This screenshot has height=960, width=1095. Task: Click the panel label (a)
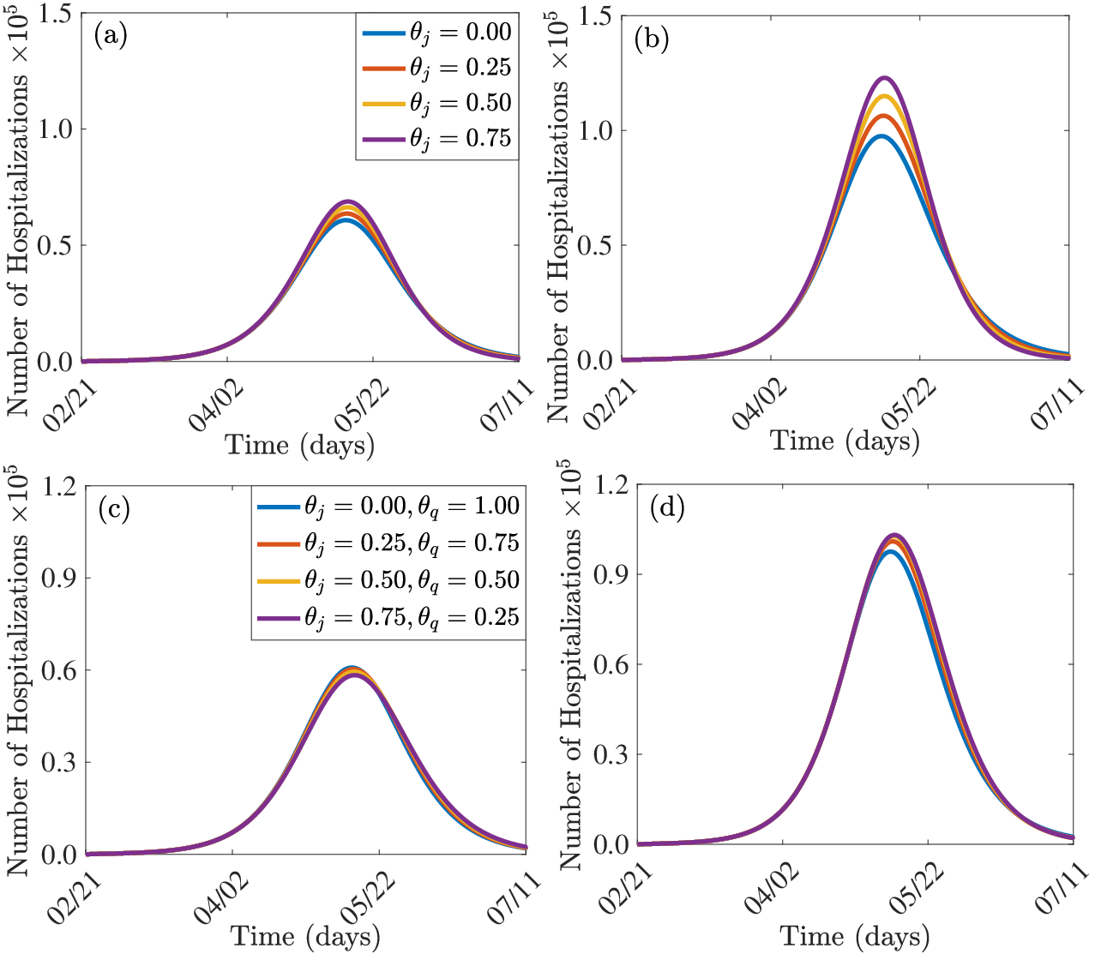point(111,36)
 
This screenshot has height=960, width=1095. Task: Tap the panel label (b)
point(652,39)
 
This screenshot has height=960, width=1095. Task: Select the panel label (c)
point(114,509)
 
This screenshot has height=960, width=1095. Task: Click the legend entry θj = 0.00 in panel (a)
point(436,33)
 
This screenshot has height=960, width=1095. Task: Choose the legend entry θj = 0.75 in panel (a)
point(436,139)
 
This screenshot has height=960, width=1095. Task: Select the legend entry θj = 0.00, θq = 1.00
point(388,507)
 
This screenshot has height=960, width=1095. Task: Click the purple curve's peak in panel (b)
point(885,78)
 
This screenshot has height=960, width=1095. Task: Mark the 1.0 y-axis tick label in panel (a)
point(56,129)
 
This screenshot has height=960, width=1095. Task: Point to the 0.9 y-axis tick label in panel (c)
point(59,579)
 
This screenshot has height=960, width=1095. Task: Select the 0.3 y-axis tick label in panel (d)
point(612,754)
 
